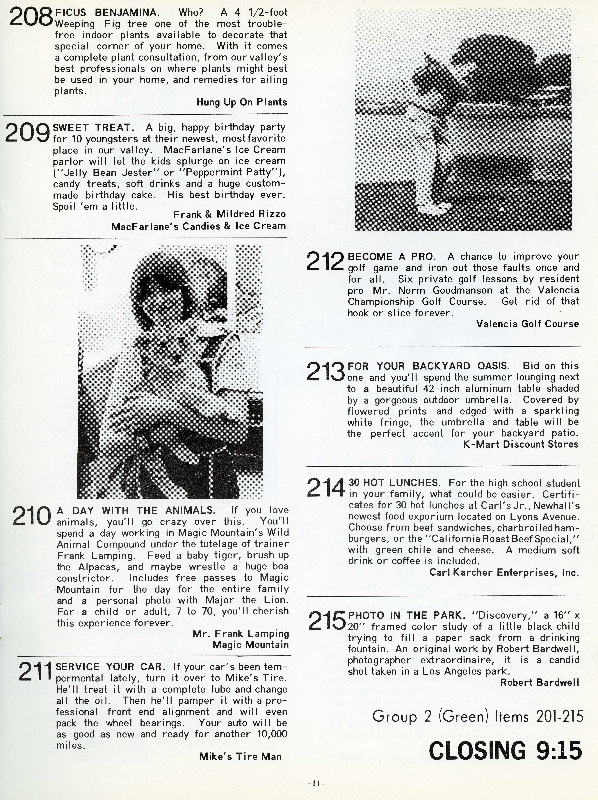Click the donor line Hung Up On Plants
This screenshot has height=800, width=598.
[242, 102]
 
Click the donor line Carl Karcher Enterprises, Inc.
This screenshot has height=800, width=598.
[504, 572]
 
